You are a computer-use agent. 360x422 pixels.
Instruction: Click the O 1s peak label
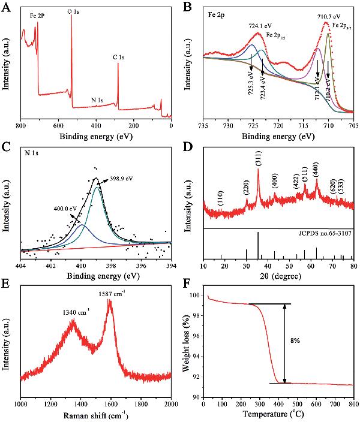pos(74,11)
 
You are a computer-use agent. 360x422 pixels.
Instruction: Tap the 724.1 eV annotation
pos(260,26)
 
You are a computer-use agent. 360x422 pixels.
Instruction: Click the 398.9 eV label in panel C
pos(120,179)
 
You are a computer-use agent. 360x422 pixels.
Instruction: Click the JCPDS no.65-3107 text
pos(324,235)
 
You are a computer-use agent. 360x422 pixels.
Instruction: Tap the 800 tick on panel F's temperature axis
pos(352,405)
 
